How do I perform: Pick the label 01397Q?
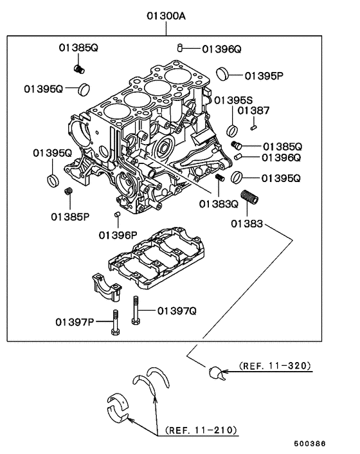175,311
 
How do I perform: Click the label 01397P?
75,322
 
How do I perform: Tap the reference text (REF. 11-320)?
275,366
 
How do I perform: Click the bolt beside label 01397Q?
136,311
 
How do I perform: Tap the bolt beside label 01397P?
114,323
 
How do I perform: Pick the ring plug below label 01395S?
232,131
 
